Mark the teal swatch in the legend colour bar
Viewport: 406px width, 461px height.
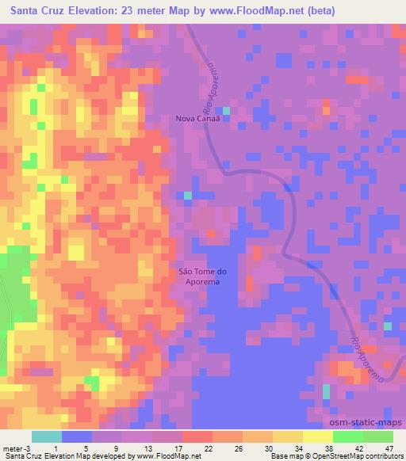pos(47,436)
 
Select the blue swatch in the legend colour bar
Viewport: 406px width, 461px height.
pos(77,436)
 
